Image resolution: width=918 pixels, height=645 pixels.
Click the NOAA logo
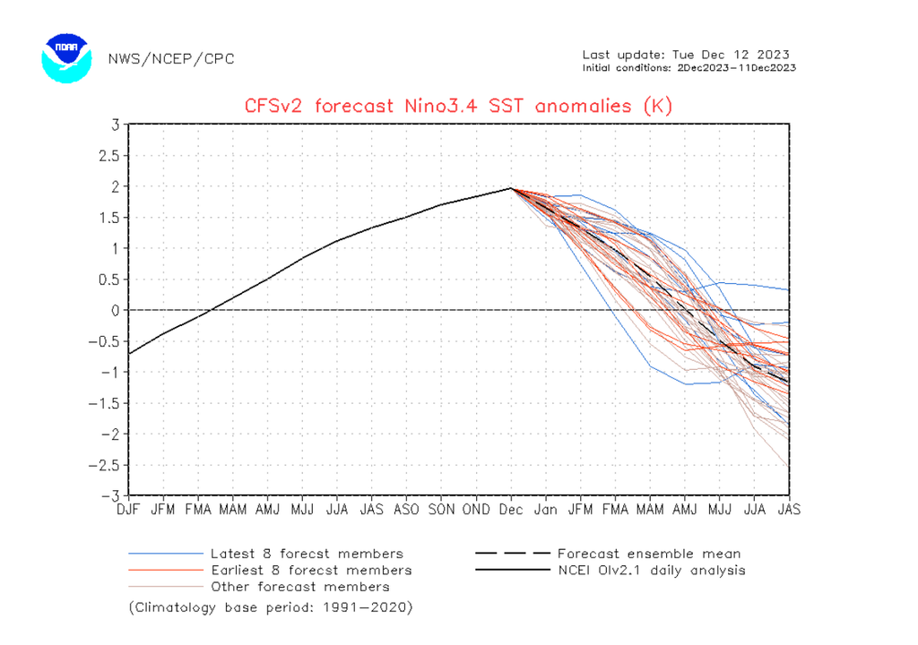pyautogui.click(x=66, y=58)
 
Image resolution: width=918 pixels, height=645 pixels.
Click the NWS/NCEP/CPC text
pyautogui.click(x=170, y=59)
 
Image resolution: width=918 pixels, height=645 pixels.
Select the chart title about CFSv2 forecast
pyautogui.click(x=458, y=106)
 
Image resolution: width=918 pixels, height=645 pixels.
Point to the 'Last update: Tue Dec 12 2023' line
pyautogui.click(x=686, y=55)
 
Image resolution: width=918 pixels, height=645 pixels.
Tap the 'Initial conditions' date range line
pyautogui.click(x=688, y=67)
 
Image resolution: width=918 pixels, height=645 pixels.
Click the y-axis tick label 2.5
pyautogui.click(x=108, y=155)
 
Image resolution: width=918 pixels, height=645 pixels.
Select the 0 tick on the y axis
pyautogui.click(x=116, y=310)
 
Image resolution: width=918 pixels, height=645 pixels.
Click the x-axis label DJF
pyautogui.click(x=128, y=510)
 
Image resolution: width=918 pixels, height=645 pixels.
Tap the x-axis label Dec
pyautogui.click(x=511, y=510)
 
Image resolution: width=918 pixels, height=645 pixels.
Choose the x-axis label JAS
pyautogui.click(x=789, y=510)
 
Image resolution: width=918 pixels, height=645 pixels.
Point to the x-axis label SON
pyautogui.click(x=440, y=510)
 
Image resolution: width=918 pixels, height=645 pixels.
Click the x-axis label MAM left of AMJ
pyautogui.click(x=233, y=510)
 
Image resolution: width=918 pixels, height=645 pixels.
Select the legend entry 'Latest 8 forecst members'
pyautogui.click(x=307, y=554)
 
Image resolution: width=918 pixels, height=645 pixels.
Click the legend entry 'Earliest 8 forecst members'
pyautogui.click(x=311, y=570)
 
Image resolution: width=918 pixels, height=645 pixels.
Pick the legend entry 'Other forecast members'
pyautogui.click(x=299, y=587)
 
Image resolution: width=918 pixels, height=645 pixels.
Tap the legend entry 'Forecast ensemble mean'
pyautogui.click(x=649, y=554)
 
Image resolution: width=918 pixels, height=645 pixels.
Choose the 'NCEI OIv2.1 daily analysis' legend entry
pyautogui.click(x=651, y=570)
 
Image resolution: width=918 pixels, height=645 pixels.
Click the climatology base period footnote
pyautogui.click(x=270, y=607)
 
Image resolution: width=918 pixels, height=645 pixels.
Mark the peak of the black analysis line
pyautogui.click(x=510, y=188)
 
